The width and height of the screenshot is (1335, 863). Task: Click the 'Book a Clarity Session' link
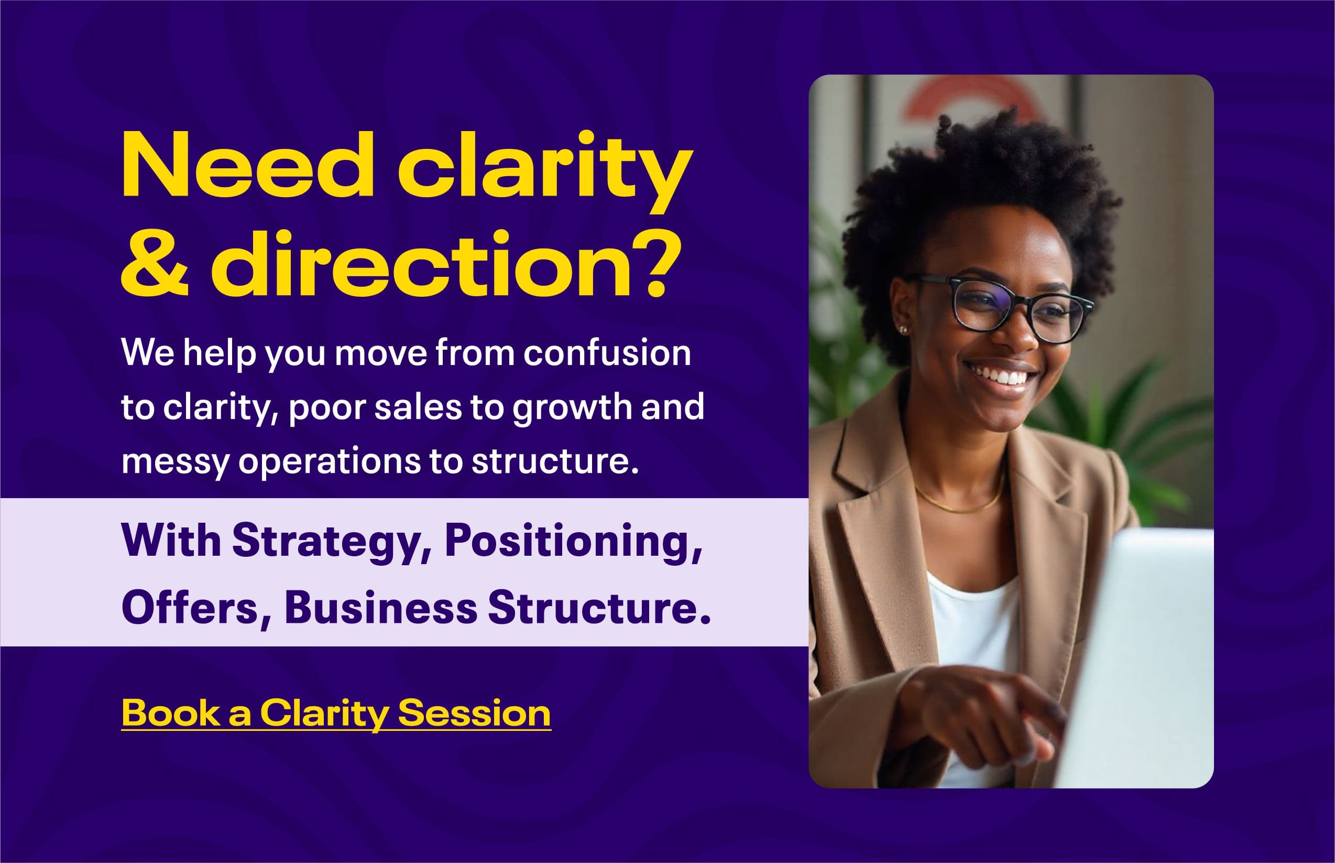[x=336, y=714]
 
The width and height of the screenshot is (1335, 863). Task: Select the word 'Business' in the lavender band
[x=381, y=608]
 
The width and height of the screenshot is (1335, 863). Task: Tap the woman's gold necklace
[x=958, y=502]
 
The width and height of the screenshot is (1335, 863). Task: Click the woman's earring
[x=903, y=329]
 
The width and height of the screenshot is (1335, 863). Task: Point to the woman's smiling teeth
[x=1002, y=375]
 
